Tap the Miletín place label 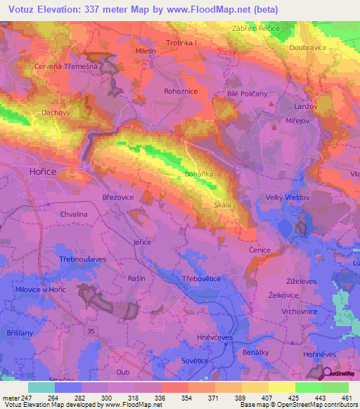(146, 51)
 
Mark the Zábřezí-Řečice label (256, 28)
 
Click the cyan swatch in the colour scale (41, 387)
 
